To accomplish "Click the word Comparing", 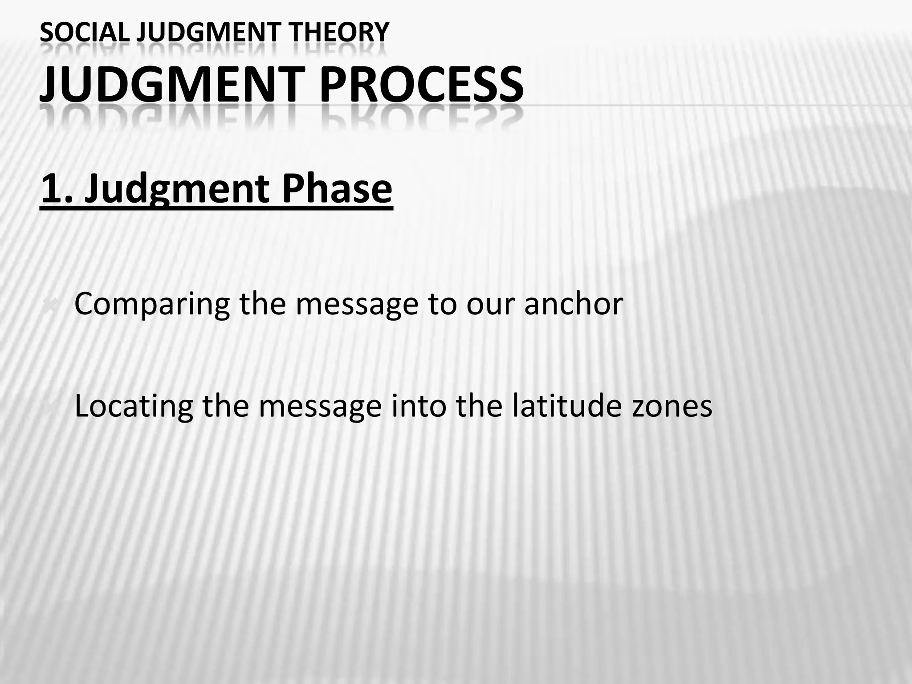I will tap(152, 305).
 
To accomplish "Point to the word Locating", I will tap(134, 407).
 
